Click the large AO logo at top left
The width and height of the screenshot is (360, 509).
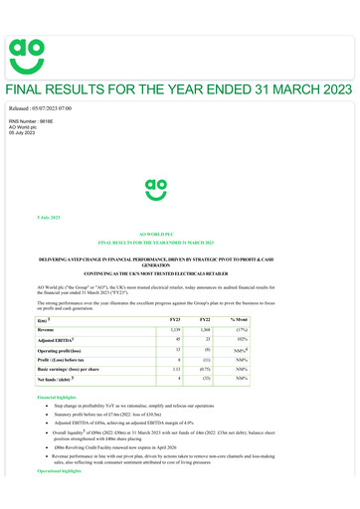point(28,52)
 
